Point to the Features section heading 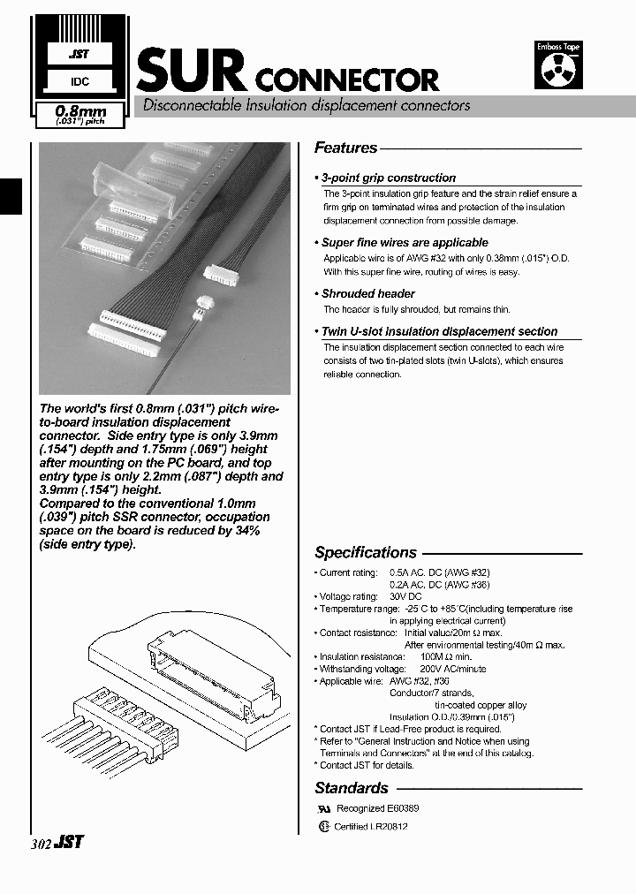coord(345,148)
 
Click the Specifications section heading coord(365,552)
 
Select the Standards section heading coord(351,788)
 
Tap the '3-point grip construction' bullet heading coord(388,178)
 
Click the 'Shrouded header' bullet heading coord(367,293)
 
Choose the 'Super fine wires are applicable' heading coord(404,242)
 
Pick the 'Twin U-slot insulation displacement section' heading coord(439,331)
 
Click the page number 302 coord(41,843)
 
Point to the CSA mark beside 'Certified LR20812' coord(323,827)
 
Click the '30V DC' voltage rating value coord(406,596)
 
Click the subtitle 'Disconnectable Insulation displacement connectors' coord(301,105)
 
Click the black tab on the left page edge coord(10,195)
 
